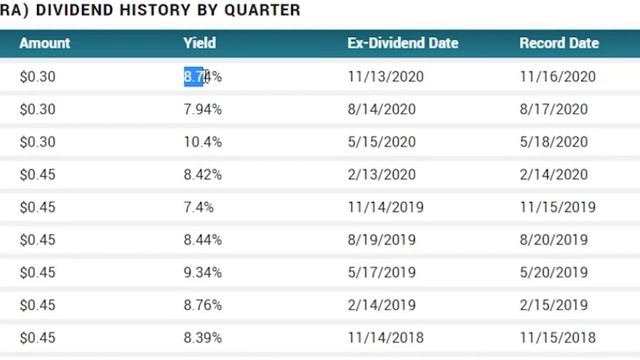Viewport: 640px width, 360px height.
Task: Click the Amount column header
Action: pos(45,43)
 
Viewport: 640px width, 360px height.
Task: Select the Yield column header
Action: pos(199,43)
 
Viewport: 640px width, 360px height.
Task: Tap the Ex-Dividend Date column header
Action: pos(403,43)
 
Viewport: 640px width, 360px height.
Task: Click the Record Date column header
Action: pos(559,43)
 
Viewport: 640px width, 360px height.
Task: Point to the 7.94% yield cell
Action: pos(202,109)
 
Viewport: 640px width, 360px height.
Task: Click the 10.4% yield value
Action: pos(202,142)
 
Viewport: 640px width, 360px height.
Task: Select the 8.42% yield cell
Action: pos(202,175)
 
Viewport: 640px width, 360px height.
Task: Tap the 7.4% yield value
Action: pos(198,207)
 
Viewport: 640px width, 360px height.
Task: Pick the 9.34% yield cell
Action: pos(202,273)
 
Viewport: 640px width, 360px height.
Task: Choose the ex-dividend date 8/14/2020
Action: pos(381,109)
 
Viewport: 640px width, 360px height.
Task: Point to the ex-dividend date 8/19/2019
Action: pos(381,240)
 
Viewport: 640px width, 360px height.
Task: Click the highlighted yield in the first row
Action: pos(202,76)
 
